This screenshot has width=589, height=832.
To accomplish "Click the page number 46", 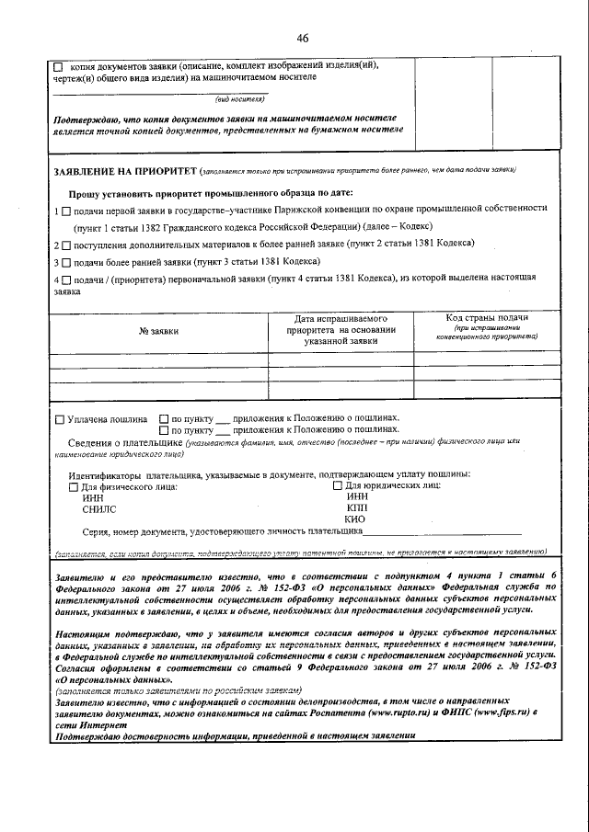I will tap(302, 38).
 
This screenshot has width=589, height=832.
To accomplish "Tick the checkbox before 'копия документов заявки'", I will tap(58, 67).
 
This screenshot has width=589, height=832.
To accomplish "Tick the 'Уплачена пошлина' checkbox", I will tap(60, 419).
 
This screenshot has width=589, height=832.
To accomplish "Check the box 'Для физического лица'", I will tap(74, 487).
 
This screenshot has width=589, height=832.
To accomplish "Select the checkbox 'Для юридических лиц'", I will tap(336, 486).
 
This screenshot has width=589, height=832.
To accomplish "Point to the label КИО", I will tap(354, 519).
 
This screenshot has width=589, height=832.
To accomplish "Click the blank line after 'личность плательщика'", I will tap(442, 532).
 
